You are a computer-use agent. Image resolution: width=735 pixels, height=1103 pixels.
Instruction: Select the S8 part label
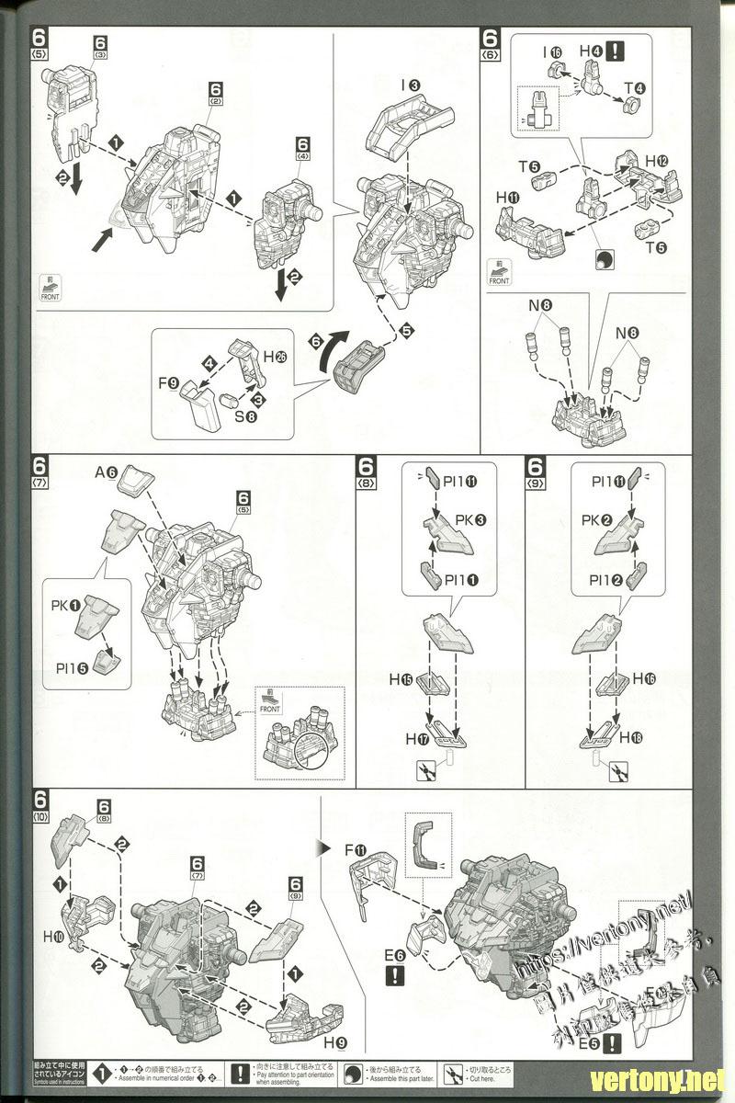tap(244, 415)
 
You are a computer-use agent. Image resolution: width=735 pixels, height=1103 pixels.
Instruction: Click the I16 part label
tap(550, 52)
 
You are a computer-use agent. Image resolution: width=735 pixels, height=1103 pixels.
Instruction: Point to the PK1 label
tap(64, 608)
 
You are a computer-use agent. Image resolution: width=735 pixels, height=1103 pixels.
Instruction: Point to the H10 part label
tap(52, 938)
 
